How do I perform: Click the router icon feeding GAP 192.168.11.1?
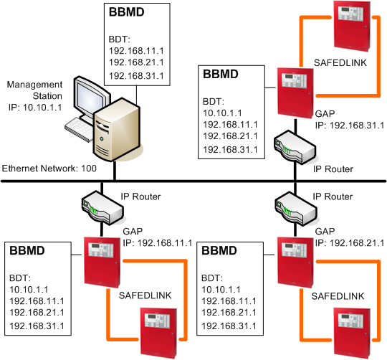click(x=98, y=207)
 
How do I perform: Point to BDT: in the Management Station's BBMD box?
click(x=120, y=39)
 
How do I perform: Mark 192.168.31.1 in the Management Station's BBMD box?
click(x=137, y=75)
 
